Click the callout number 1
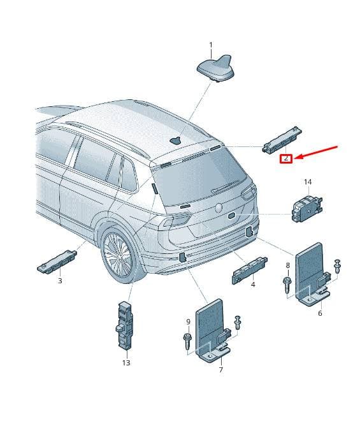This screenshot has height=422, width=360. tap(211, 45)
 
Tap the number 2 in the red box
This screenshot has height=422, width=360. tap(286, 158)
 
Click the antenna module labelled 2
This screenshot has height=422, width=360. tap(282, 139)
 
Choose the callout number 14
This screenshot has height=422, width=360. tap(308, 182)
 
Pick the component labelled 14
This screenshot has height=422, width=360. tap(307, 208)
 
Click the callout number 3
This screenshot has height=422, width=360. tap(60, 281)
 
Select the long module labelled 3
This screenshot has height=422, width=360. tap(57, 262)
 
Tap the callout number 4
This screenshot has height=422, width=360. tap(253, 285)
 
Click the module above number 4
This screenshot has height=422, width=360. tap(250, 271)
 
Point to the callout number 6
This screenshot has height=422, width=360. tap(320, 313)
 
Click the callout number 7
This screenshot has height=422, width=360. tap(220, 370)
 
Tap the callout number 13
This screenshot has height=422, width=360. tap(126, 363)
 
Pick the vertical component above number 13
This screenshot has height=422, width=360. tap(124, 325)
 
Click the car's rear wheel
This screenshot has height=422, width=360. tap(119, 255)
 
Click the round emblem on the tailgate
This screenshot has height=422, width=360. tap(219, 207)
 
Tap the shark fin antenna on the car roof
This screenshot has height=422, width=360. tap(175, 140)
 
